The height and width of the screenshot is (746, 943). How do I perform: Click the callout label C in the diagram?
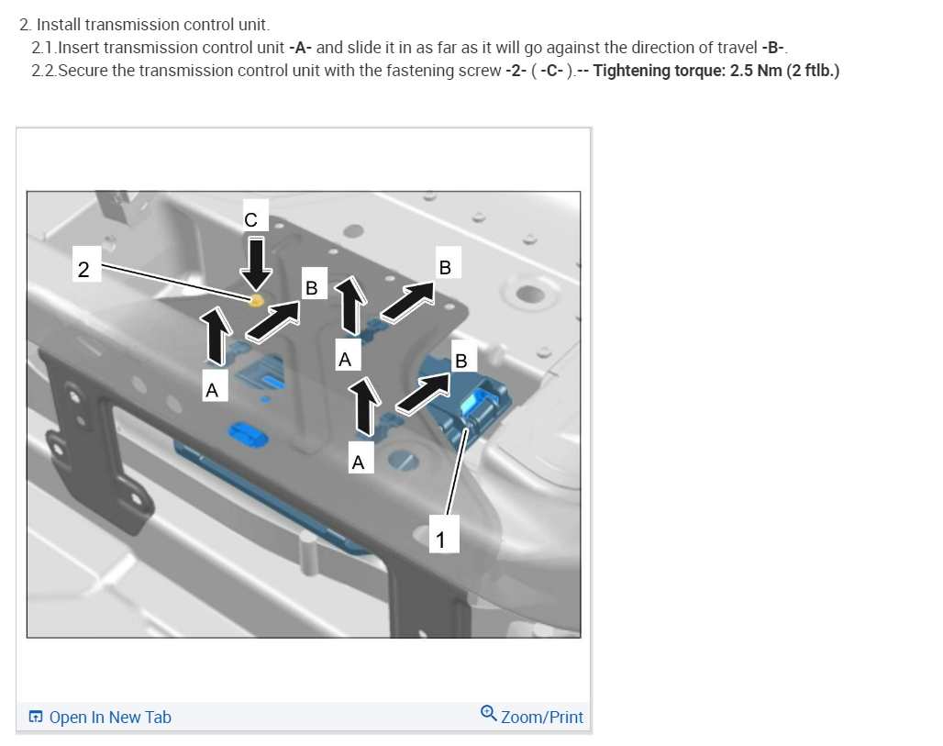point(250,220)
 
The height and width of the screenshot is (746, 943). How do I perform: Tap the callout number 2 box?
point(83,269)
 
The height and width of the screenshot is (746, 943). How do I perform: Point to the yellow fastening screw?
point(256,300)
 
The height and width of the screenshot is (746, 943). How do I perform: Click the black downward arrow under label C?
point(256,264)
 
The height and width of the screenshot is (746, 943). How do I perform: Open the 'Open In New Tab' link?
point(110,718)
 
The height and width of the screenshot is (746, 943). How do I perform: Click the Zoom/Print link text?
point(542,718)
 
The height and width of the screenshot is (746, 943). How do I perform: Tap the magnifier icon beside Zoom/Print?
point(488,714)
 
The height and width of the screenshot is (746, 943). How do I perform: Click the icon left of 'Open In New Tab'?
point(36,717)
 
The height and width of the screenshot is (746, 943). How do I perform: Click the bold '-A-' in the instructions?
point(300,48)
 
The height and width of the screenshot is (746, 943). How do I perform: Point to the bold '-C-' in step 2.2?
point(551,71)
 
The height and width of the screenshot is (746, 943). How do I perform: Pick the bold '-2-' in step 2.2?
point(516,71)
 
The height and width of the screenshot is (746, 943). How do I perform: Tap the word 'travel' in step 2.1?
point(738,48)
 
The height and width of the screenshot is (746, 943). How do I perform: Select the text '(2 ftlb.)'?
point(813,71)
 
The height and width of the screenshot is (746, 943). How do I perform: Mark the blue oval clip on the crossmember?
point(248,434)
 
